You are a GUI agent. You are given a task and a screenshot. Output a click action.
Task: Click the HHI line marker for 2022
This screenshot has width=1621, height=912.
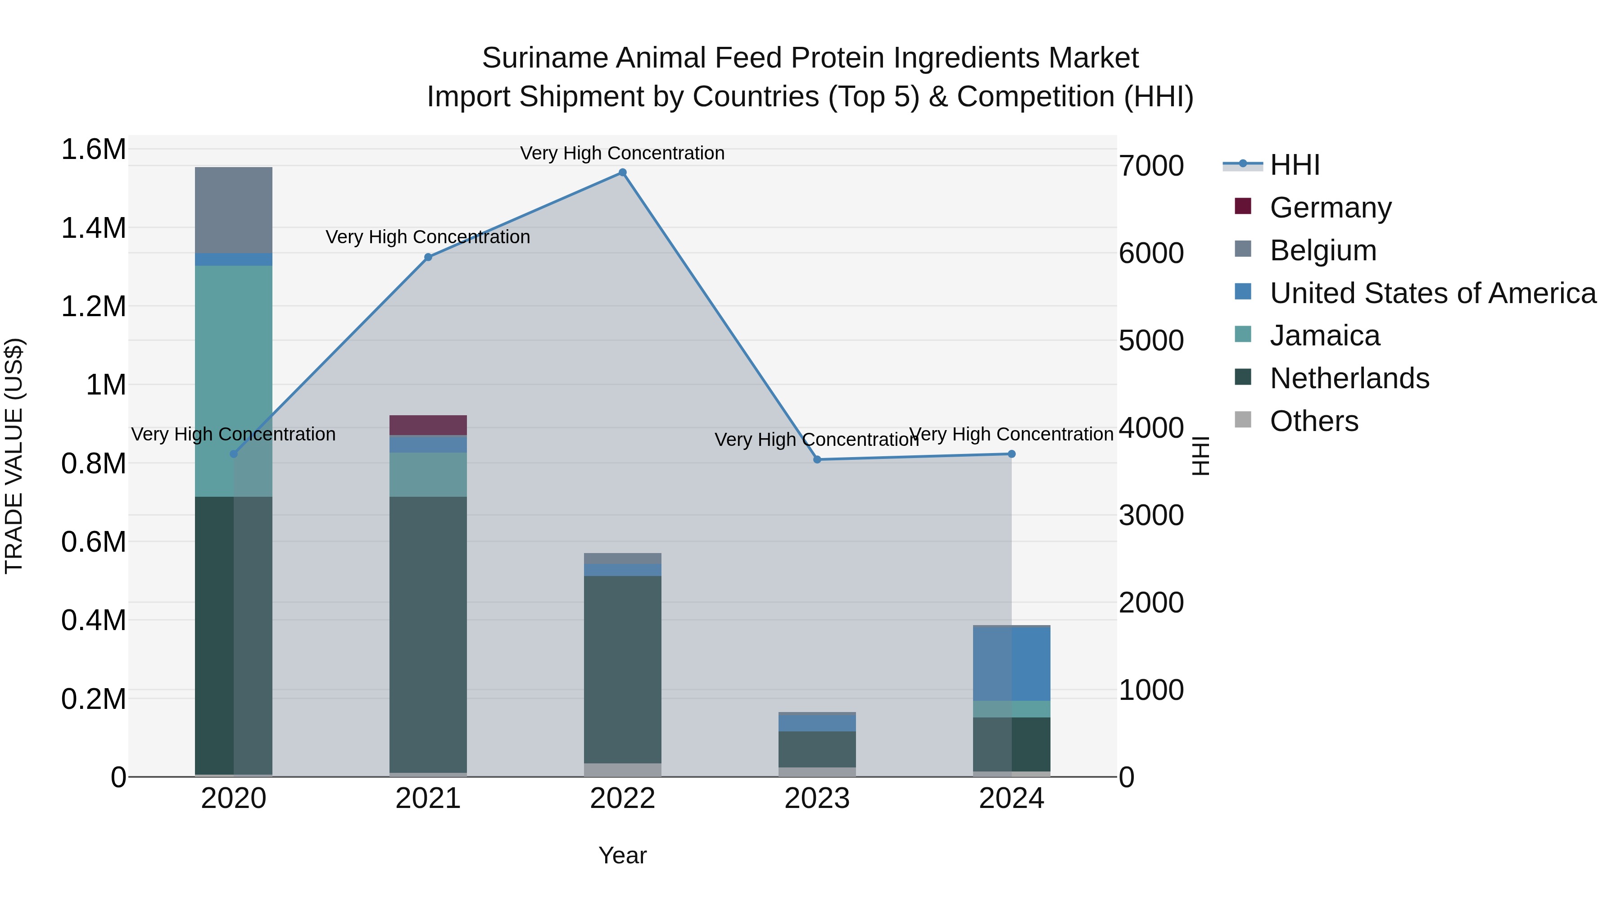622,172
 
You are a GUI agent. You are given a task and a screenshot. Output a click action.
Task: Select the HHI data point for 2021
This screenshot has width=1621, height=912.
428,257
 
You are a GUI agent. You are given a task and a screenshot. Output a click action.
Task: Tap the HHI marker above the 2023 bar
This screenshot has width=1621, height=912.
817,459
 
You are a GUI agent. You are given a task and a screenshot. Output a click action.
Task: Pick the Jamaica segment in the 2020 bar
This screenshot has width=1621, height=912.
233,378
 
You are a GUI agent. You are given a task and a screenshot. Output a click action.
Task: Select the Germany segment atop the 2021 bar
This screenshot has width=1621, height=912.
428,425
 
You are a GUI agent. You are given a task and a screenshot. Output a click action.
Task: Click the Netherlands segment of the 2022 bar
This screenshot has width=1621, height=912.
622,667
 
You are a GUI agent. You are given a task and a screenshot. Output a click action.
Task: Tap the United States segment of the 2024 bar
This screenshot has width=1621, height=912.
1011,663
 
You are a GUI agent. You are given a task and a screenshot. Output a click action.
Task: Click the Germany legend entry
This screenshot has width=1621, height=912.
1330,208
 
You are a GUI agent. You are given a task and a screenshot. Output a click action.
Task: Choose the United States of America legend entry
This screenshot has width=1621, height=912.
1432,293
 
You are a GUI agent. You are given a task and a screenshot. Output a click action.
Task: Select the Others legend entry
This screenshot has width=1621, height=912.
1313,421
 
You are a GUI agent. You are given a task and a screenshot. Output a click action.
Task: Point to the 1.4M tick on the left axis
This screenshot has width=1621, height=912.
93,228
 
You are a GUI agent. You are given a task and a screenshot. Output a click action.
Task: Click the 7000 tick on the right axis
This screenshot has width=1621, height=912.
1151,166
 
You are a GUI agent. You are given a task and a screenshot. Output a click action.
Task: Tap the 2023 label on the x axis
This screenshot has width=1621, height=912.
817,799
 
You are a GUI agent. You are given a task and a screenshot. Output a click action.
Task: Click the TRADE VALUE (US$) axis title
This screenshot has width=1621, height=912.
14,456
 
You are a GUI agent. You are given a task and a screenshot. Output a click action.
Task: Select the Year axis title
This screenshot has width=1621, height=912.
622,855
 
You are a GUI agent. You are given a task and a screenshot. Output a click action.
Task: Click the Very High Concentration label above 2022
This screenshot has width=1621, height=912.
622,153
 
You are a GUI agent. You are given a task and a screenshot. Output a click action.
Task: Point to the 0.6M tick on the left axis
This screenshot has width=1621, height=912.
93,542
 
